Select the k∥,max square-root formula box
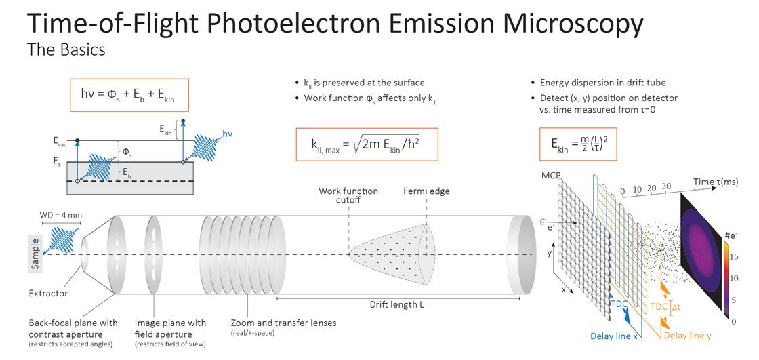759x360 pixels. click(x=367, y=144)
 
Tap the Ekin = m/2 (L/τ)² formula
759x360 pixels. click(x=578, y=144)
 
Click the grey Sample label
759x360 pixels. click(x=35, y=254)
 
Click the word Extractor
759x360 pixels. click(x=48, y=293)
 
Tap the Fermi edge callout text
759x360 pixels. click(x=426, y=191)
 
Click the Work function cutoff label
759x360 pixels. click(x=348, y=195)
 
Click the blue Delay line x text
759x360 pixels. click(x=614, y=336)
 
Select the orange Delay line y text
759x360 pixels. click(x=687, y=336)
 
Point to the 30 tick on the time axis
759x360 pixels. click(x=667, y=186)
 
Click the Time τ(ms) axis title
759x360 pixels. click(x=716, y=182)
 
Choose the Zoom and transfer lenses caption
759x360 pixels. click(x=284, y=323)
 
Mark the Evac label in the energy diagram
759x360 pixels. click(x=60, y=140)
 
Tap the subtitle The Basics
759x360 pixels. click(x=66, y=49)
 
